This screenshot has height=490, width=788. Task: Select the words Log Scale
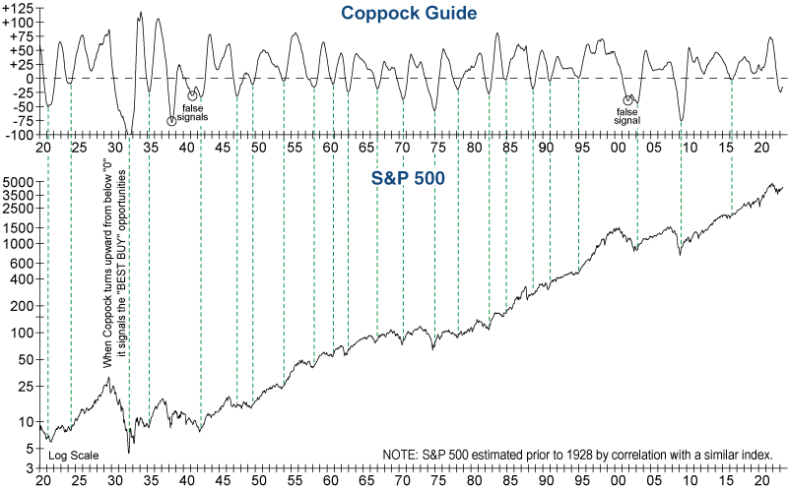(x=73, y=455)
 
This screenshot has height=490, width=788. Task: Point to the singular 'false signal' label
(x=626, y=116)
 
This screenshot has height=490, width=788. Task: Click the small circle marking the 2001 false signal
(x=628, y=99)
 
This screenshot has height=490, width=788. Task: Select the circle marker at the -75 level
(x=171, y=121)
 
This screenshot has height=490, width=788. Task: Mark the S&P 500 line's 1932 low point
(x=129, y=452)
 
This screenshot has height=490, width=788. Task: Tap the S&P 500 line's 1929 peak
(x=108, y=377)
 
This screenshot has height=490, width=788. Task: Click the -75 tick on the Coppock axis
(x=22, y=121)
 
